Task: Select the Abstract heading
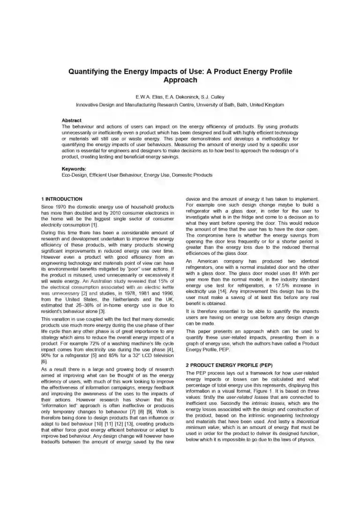click(x=72, y=120)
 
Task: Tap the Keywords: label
click(x=74, y=169)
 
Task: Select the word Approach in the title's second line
click(x=180, y=80)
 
